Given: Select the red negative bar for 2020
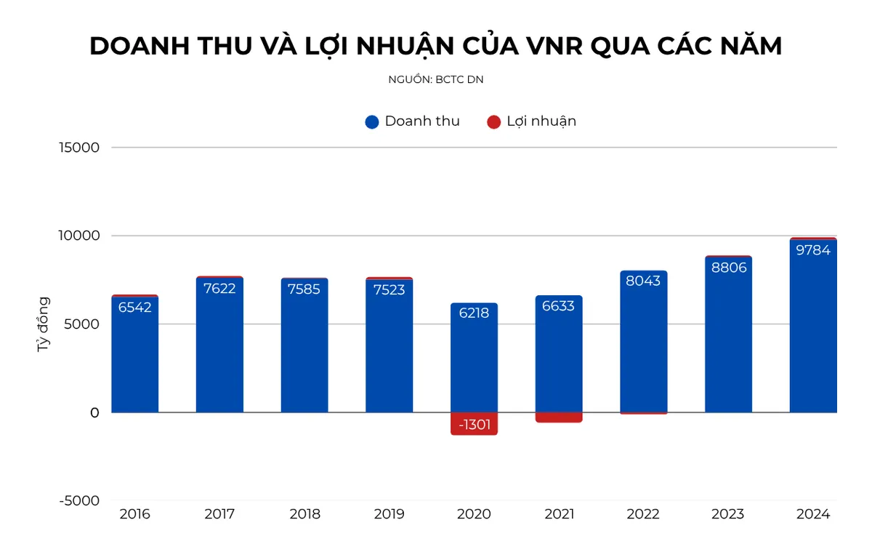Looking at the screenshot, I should coord(474,423).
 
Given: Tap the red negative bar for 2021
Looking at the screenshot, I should coord(559,417).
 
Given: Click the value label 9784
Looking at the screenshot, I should coord(813,250).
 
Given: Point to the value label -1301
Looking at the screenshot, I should coord(474,425).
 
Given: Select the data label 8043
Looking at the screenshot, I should coord(643,281).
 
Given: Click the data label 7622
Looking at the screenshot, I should coord(219,288).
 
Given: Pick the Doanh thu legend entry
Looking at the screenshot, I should coord(413,121).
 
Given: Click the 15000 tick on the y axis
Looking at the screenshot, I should coord(80,148).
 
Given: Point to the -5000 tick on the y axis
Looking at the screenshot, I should coord(79,500).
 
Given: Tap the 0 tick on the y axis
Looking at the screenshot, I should coord(94,412).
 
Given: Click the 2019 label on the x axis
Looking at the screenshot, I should coord(389,515).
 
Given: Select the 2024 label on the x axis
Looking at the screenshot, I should coord(812,515).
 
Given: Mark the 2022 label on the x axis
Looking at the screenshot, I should coord(643,515).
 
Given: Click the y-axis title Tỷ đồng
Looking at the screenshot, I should coord(44,324).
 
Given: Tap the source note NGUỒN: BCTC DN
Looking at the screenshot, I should coord(436,80).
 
